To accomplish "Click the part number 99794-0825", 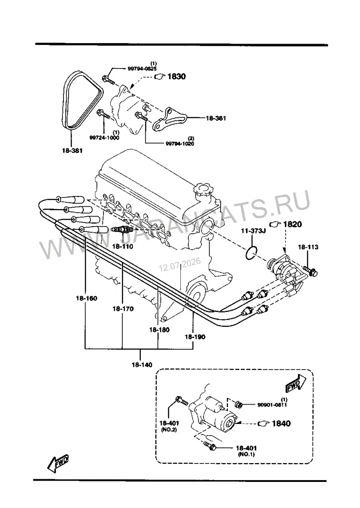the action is point(141,68).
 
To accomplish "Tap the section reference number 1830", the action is point(176,76).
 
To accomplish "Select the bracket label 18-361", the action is point(216,118).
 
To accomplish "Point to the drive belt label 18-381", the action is point(72,150).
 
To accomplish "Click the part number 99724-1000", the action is point(104,138).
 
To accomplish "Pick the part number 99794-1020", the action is point(180,143).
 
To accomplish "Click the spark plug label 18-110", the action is point(122,246).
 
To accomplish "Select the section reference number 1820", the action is point(292,224).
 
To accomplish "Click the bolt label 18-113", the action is point(308,247).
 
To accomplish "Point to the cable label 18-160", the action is point(86,298).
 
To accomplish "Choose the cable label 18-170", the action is point(123,309).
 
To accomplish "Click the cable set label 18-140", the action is point(142,365).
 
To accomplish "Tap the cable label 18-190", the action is point(195,337).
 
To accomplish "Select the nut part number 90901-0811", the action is point(272,404).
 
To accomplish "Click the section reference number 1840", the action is point(281,423).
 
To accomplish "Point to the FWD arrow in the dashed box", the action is point(296,383).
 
